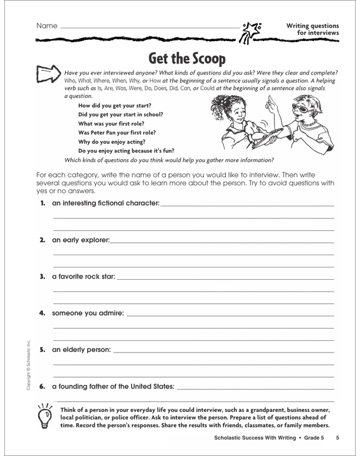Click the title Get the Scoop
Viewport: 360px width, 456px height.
click(187, 59)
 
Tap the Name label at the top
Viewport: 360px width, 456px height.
click(47, 26)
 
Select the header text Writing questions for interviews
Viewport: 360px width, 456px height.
click(312, 29)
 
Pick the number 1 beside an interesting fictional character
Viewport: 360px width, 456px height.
click(42, 203)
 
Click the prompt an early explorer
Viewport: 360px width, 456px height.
click(81, 239)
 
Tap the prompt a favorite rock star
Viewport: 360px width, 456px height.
click(84, 277)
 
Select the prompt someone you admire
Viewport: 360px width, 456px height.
click(88, 313)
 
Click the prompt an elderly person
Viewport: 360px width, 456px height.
click(82, 350)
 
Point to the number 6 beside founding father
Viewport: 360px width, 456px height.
click(42, 387)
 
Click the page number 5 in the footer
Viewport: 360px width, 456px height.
click(337, 438)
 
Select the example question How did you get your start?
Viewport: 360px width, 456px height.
click(112, 105)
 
